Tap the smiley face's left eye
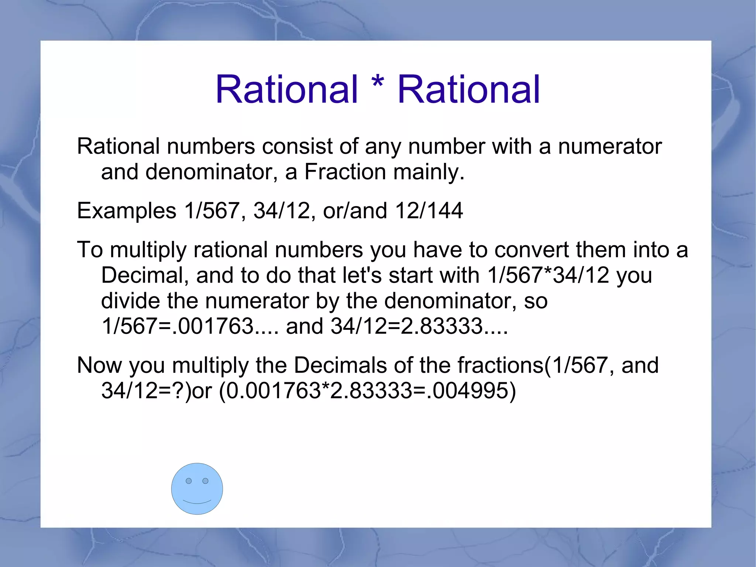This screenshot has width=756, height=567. point(189,481)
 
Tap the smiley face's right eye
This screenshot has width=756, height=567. point(206,481)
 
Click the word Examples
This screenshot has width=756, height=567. point(127,211)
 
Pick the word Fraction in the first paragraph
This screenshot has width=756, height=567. point(345,172)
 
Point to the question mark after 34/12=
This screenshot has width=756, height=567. point(178,390)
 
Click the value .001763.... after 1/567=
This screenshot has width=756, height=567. point(227,326)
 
